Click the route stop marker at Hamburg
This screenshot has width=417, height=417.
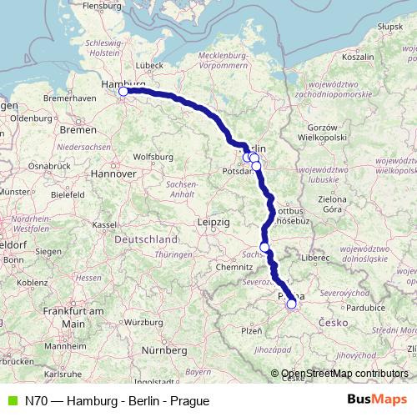point(123,92)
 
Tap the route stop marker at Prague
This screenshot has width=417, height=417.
point(291,304)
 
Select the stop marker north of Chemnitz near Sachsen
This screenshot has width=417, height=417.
point(264,247)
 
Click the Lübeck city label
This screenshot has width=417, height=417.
point(149,64)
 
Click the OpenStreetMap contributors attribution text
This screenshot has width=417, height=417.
point(344,374)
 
